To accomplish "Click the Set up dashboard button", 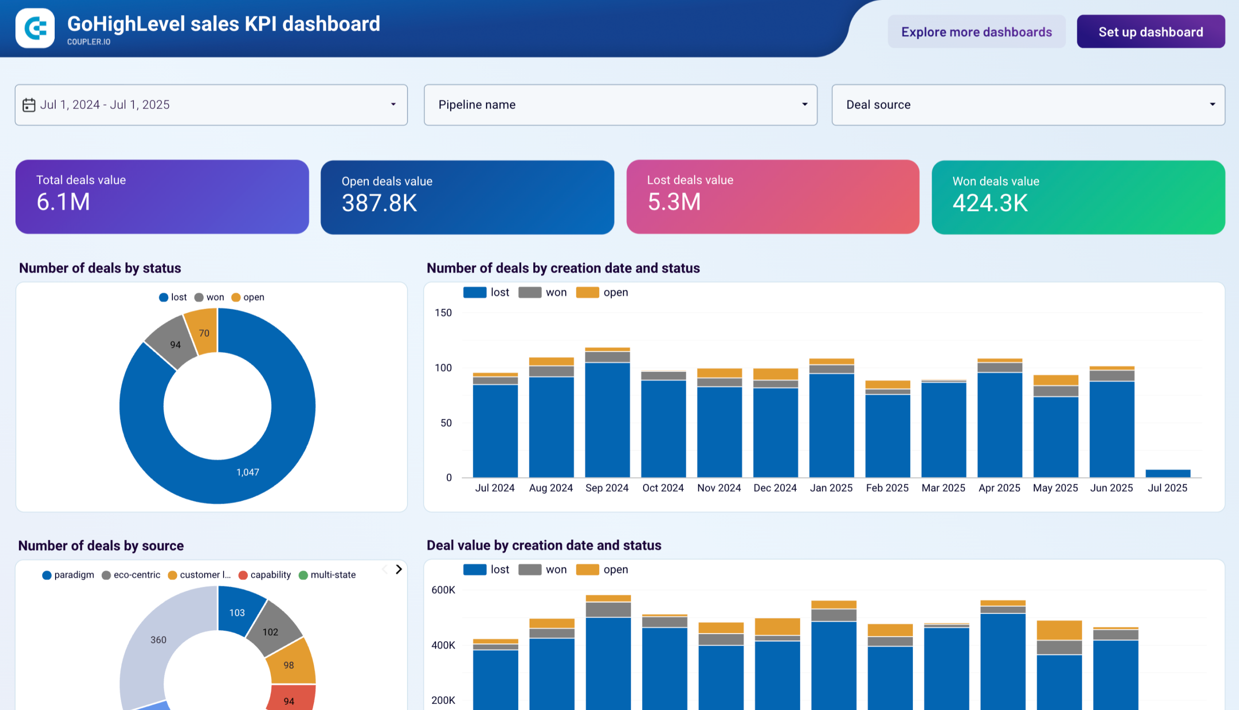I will tap(1150, 32).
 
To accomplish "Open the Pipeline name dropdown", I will tap(620, 105).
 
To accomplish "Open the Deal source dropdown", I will tap(1027, 105).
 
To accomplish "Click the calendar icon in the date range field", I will tap(29, 105).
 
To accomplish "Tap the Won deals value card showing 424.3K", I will tap(1077, 197).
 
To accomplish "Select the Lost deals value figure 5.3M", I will tap(673, 202).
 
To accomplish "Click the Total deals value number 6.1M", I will tap(63, 202).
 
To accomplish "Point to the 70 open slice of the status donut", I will tap(203, 333).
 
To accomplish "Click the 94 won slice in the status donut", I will tap(175, 344).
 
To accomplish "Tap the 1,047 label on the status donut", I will tap(247, 472).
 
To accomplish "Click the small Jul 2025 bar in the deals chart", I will tap(1167, 473).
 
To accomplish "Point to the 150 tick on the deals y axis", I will tap(443, 312).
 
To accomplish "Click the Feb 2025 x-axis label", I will tap(887, 488).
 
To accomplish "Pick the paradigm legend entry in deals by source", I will tap(68, 575).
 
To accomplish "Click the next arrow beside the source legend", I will tap(399, 569).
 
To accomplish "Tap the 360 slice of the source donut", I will tap(158, 639).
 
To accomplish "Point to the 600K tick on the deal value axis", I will tap(443, 590).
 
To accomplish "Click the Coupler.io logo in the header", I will tap(35, 28).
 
